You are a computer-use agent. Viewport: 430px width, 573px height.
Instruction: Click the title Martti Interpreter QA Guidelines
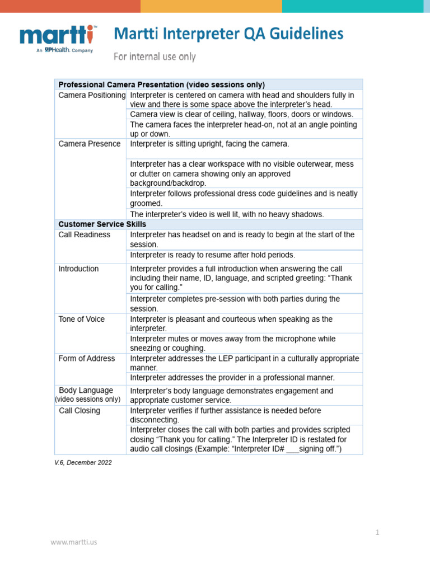point(228,35)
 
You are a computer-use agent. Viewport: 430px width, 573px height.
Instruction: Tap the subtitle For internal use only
point(155,57)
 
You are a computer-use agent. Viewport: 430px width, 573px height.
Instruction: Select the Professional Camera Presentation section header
point(161,84)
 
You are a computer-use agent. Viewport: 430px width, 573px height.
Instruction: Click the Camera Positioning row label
point(92,95)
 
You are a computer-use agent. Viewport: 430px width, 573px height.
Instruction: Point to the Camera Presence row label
point(90,144)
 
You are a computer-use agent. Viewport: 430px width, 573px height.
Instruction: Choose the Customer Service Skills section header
point(102,224)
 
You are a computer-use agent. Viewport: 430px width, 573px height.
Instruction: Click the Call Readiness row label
point(85,235)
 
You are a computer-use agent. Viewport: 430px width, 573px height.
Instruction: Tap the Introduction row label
point(78,269)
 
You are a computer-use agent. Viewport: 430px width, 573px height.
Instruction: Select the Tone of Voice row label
point(82,319)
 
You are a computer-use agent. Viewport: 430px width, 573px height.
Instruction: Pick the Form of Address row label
point(87,359)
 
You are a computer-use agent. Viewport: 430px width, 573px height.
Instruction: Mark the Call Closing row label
point(80,411)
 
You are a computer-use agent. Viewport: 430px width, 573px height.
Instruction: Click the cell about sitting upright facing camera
point(209,144)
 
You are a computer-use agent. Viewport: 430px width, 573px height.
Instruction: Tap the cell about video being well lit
point(227,214)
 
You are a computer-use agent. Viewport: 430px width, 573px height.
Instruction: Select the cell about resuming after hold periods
point(212,255)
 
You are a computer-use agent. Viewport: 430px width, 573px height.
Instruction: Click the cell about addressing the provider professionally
point(232,378)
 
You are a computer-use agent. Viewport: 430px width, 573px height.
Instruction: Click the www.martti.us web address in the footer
point(74,542)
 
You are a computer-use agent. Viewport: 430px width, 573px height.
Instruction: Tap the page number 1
point(377,533)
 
